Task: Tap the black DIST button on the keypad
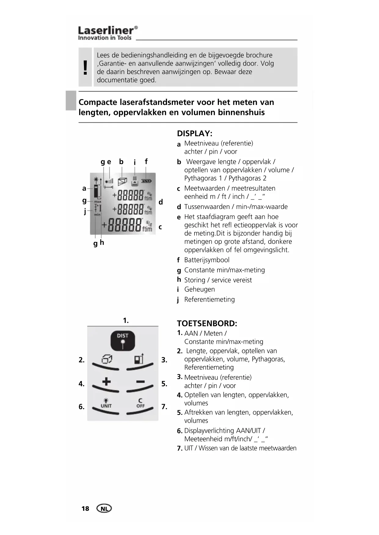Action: (x=122, y=340)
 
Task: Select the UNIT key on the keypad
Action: (x=106, y=404)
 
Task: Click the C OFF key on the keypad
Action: (x=140, y=404)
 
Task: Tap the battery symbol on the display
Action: (x=148, y=181)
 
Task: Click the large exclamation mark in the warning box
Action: (x=85, y=67)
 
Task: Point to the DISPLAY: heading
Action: (x=195, y=134)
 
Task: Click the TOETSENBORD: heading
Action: (x=207, y=324)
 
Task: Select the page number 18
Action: (x=85, y=508)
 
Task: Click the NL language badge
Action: (x=104, y=508)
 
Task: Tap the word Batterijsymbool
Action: (x=207, y=260)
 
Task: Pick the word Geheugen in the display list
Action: (x=199, y=289)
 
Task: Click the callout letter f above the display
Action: (x=146, y=161)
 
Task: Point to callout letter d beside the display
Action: (x=161, y=202)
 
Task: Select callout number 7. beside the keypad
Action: (x=164, y=407)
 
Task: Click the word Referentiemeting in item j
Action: (x=210, y=300)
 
